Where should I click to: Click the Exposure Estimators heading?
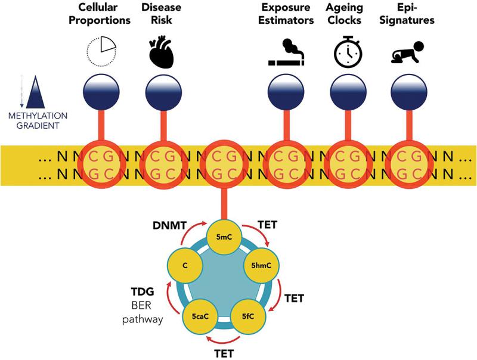pyautogui.click(x=286, y=14)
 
